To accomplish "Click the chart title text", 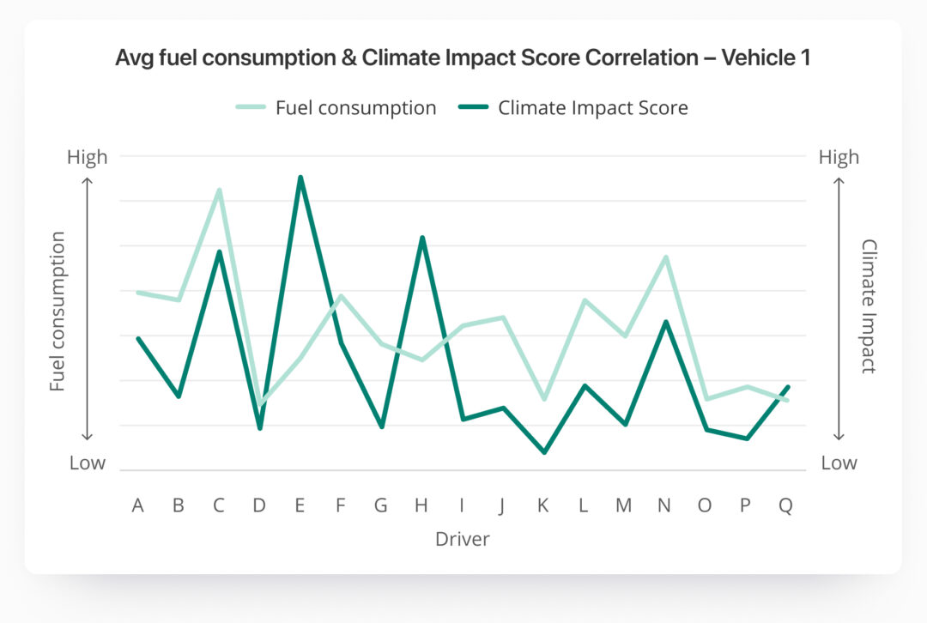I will pyautogui.click(x=463, y=58).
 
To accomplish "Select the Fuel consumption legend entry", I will pyautogui.click(x=336, y=108).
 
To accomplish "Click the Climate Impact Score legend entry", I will pyautogui.click(x=573, y=108).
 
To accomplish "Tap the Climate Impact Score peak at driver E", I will pyautogui.click(x=300, y=178).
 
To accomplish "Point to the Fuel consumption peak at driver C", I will pyautogui.click(x=220, y=191).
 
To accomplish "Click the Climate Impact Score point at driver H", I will pyautogui.click(x=422, y=238).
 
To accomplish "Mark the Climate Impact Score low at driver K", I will pyautogui.click(x=544, y=452).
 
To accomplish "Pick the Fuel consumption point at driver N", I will pyautogui.click(x=665, y=257).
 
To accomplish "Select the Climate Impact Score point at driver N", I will pyautogui.click(x=665, y=322).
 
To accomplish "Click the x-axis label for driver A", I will pyautogui.click(x=137, y=505).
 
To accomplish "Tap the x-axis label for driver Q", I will pyautogui.click(x=785, y=505).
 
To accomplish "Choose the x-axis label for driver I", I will pyautogui.click(x=463, y=505).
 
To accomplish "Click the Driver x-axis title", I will pyautogui.click(x=463, y=539).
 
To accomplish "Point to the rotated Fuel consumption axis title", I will pyautogui.click(x=58, y=311).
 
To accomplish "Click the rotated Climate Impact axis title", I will pyautogui.click(x=868, y=306).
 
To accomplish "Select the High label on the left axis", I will pyautogui.click(x=88, y=157).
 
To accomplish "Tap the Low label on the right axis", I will pyautogui.click(x=839, y=463).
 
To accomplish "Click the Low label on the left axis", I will pyautogui.click(x=88, y=463).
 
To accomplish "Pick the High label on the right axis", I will pyautogui.click(x=839, y=157).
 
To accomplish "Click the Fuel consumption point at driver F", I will pyautogui.click(x=341, y=296).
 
